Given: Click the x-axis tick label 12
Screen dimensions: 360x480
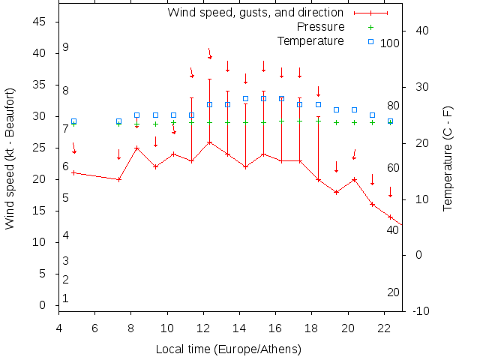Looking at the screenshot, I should pos(203,328).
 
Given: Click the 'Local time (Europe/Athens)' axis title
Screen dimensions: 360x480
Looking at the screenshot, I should pos(228,349).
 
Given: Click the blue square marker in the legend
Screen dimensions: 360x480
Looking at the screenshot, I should pos(370,41).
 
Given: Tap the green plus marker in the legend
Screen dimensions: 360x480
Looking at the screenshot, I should pos(370,27).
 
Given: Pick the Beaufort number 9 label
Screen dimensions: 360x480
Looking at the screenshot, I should pos(66,47).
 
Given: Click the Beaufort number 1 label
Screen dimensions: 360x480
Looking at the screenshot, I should pos(66,298).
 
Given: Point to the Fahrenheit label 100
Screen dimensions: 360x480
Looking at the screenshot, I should pos(390,43).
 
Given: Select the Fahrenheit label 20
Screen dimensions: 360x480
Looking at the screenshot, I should pos(393,292).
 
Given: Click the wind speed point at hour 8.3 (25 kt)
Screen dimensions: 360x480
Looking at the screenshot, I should pos(136,148).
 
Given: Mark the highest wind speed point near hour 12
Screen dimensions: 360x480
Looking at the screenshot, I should pos(209,142).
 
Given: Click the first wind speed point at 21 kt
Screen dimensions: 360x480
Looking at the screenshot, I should pos(73,172).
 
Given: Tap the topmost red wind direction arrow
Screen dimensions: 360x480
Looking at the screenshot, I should pos(210,54).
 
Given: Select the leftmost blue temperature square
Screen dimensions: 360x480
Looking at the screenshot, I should pos(73,121).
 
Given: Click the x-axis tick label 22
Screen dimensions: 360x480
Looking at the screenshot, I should pos(384,328).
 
